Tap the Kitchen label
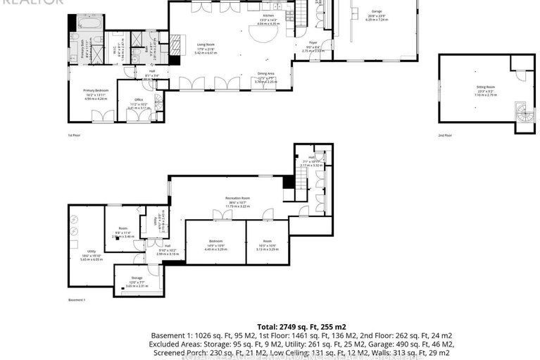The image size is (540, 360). pyautogui.click(x=268, y=15)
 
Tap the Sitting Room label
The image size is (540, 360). pyautogui.click(x=485, y=87)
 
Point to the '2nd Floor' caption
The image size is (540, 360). pyautogui.click(x=445, y=135)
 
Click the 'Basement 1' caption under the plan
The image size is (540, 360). pyautogui.click(x=76, y=300)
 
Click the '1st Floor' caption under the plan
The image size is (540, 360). pyautogui.click(x=75, y=135)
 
